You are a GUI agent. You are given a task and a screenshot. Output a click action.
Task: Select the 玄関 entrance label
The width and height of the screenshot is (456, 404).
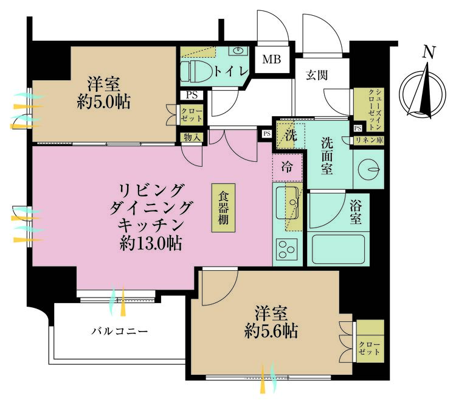(x=317, y=75)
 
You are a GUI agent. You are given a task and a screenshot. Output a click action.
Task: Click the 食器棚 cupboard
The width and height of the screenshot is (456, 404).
(x=224, y=207)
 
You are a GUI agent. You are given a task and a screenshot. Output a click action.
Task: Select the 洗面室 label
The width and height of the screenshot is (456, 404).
(x=328, y=156)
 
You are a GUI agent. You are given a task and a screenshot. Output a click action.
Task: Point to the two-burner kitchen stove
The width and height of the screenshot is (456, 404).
(x=286, y=249)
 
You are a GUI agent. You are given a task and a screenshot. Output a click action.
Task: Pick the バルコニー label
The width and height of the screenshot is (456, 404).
(x=120, y=332)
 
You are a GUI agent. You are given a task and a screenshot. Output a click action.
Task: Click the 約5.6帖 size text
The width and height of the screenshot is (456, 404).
(x=268, y=332)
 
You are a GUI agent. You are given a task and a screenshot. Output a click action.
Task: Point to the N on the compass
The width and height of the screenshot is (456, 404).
(x=429, y=54)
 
